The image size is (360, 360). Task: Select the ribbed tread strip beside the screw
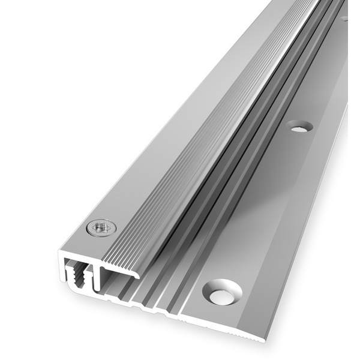coord(156,198)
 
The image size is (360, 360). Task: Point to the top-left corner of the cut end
coord(62,245)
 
